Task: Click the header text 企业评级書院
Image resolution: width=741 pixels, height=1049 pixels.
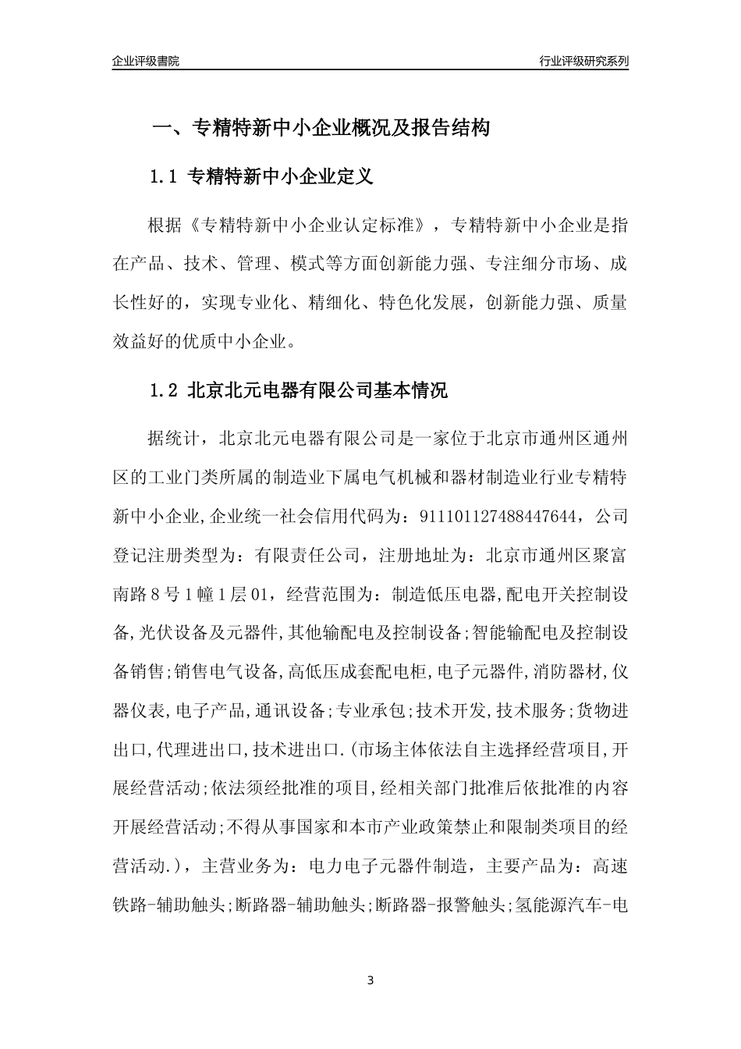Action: pyautogui.click(x=146, y=61)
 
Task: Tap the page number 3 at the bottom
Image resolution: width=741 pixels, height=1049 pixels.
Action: pyautogui.click(x=370, y=980)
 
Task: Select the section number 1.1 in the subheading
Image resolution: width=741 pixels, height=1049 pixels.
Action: pyautogui.click(x=165, y=177)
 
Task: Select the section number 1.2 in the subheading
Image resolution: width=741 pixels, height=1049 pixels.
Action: pyautogui.click(x=165, y=390)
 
